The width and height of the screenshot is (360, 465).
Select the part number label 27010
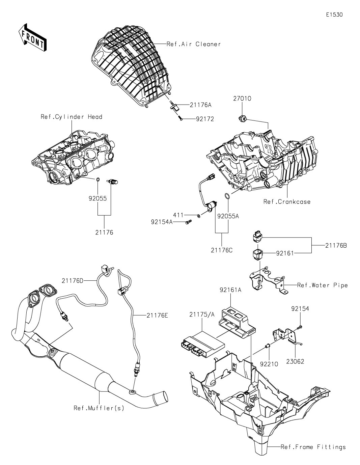click(242, 99)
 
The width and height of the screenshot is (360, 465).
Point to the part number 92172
click(204, 119)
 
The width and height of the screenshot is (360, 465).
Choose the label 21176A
click(200, 105)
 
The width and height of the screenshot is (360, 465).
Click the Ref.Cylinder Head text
click(71, 117)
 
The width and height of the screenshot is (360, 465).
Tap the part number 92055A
click(228, 216)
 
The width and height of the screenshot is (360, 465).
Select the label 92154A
click(162, 222)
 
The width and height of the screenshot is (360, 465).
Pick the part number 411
click(178, 215)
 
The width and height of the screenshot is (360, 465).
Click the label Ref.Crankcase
click(287, 202)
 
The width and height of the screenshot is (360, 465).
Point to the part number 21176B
click(336, 246)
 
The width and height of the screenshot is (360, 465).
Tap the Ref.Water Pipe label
click(322, 285)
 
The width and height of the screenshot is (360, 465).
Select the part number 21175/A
click(202, 314)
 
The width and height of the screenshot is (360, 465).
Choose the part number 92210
click(269, 364)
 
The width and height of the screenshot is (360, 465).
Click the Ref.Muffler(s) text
click(99, 408)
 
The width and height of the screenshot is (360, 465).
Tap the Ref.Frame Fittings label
click(313, 447)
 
